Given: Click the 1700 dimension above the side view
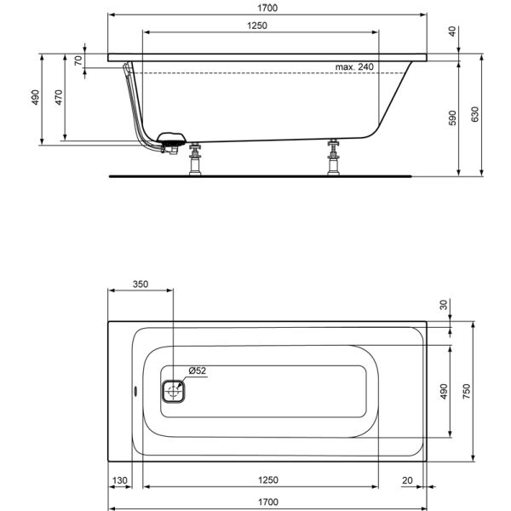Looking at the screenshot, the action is pos(267,8).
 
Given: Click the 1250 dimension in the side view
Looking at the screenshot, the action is pos(257,26).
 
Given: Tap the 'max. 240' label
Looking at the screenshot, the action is pos(354,66).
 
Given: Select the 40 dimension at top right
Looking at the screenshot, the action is pos(452,32).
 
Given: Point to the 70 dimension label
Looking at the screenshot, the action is pos(78,60).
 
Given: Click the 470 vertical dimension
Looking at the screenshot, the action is pos(59,97).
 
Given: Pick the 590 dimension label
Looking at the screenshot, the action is pos(452,118).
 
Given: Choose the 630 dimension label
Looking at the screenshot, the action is pos(475,114).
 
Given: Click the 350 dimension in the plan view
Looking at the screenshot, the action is pos(141,284).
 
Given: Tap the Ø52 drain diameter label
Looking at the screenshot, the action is pos(198,370).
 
